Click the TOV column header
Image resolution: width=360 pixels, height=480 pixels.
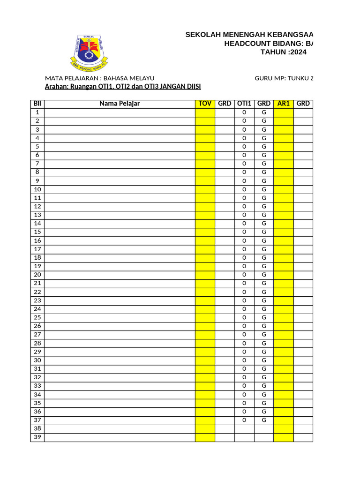tap(205, 104)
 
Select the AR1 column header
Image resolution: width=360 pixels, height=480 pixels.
tap(284, 104)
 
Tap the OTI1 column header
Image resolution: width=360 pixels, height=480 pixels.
tap(244, 104)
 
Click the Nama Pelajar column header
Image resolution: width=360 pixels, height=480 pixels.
tap(120, 104)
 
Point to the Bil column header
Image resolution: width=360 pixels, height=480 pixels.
tap(37, 104)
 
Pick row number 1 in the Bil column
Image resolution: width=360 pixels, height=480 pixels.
tap(37, 112)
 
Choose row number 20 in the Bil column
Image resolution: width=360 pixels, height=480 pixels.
tap(37, 275)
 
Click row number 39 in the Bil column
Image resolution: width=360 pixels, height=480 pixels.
tap(37, 437)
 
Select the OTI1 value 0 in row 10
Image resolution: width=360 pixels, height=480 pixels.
tap(244, 189)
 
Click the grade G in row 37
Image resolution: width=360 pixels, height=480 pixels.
tap(264, 420)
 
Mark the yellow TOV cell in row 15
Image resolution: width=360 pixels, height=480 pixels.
tap(205, 232)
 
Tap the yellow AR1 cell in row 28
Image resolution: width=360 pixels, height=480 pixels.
tap(284, 343)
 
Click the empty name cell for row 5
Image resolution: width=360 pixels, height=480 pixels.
tap(120, 147)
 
